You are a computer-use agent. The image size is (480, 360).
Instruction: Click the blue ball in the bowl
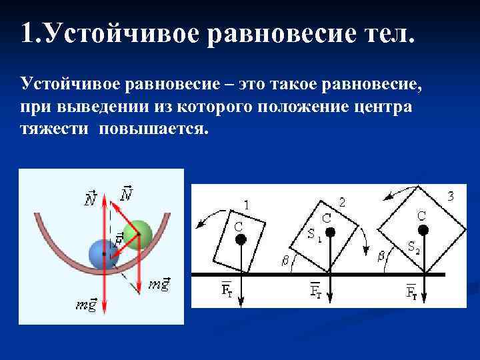[x=103, y=254]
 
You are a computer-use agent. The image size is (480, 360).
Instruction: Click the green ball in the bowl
[x=139, y=234]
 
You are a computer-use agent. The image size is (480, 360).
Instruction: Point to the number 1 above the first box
[x=247, y=205]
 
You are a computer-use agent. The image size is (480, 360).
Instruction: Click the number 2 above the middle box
[x=341, y=201]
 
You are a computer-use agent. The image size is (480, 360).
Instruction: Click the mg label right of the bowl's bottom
[x=159, y=285]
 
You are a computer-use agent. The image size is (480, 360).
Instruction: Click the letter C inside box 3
[x=421, y=215]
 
